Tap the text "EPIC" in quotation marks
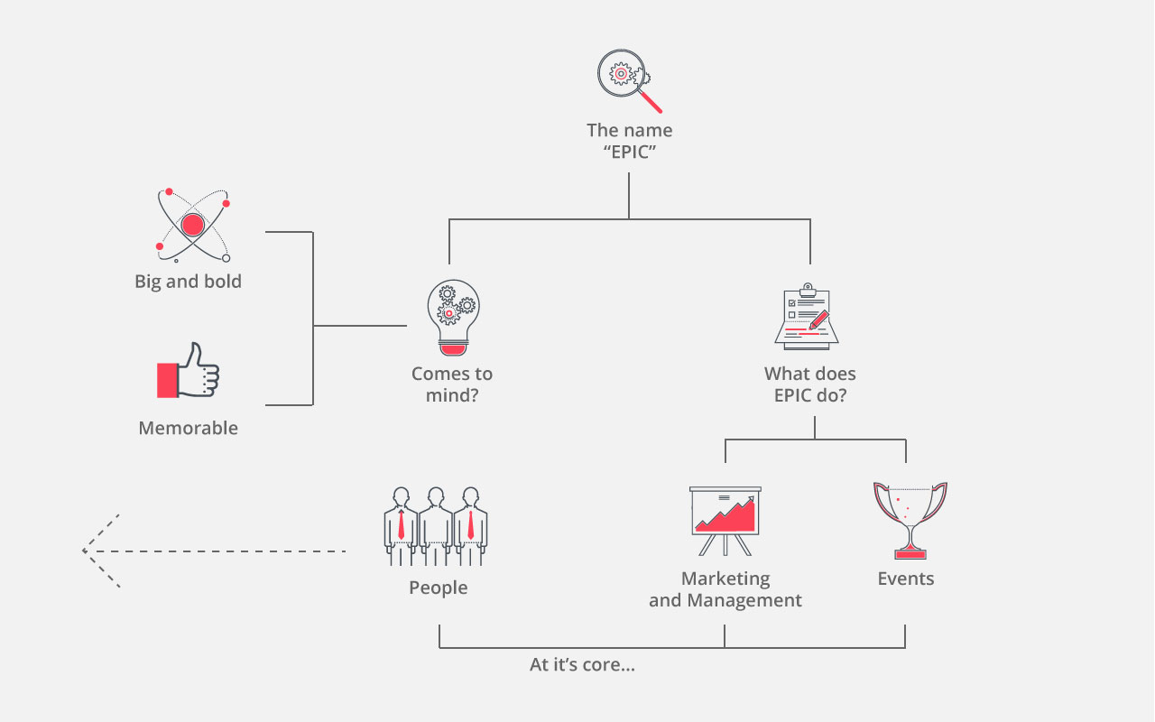tap(629, 153)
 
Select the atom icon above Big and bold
tap(192, 225)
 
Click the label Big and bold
tap(189, 282)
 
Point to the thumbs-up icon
tap(189, 372)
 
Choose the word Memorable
tap(189, 428)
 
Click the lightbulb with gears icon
tap(452, 317)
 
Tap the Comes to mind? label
tap(452, 384)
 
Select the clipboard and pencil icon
tap(807, 317)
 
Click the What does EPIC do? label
tap(810, 384)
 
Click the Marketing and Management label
tap(725, 589)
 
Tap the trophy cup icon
tap(909, 519)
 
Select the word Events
tap(906, 579)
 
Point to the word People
tap(439, 588)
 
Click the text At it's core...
tap(582, 665)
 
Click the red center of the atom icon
tap(192, 224)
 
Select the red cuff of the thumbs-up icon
tap(168, 379)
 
